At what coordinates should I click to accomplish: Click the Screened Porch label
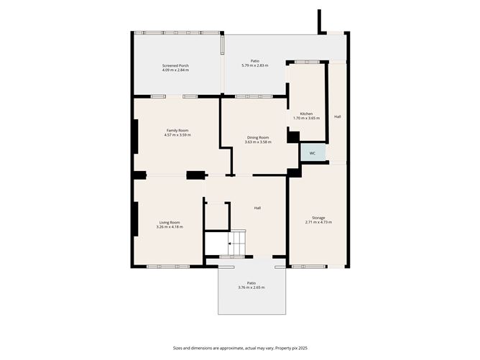(175, 65)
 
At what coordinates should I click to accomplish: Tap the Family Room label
(177, 130)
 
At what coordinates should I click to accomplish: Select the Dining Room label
(258, 137)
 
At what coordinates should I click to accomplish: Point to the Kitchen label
(306, 114)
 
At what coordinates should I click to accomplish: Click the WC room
(313, 152)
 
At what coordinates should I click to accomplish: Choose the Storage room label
(318, 218)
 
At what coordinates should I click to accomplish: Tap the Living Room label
(170, 223)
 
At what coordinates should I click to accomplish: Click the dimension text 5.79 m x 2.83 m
(255, 65)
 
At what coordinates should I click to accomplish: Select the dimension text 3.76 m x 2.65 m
(251, 287)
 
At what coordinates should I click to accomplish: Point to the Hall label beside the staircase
(257, 208)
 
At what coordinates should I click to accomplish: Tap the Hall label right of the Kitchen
(338, 116)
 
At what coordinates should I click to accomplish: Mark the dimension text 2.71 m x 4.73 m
(318, 222)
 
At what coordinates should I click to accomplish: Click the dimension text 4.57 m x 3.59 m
(177, 134)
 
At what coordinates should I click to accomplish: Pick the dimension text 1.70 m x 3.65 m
(306, 118)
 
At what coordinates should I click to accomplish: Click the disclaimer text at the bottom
(240, 348)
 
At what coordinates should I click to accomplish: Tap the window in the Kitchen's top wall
(307, 62)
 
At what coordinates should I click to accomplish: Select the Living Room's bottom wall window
(168, 267)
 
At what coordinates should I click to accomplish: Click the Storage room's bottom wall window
(308, 267)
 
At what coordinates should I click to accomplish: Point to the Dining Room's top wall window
(254, 96)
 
